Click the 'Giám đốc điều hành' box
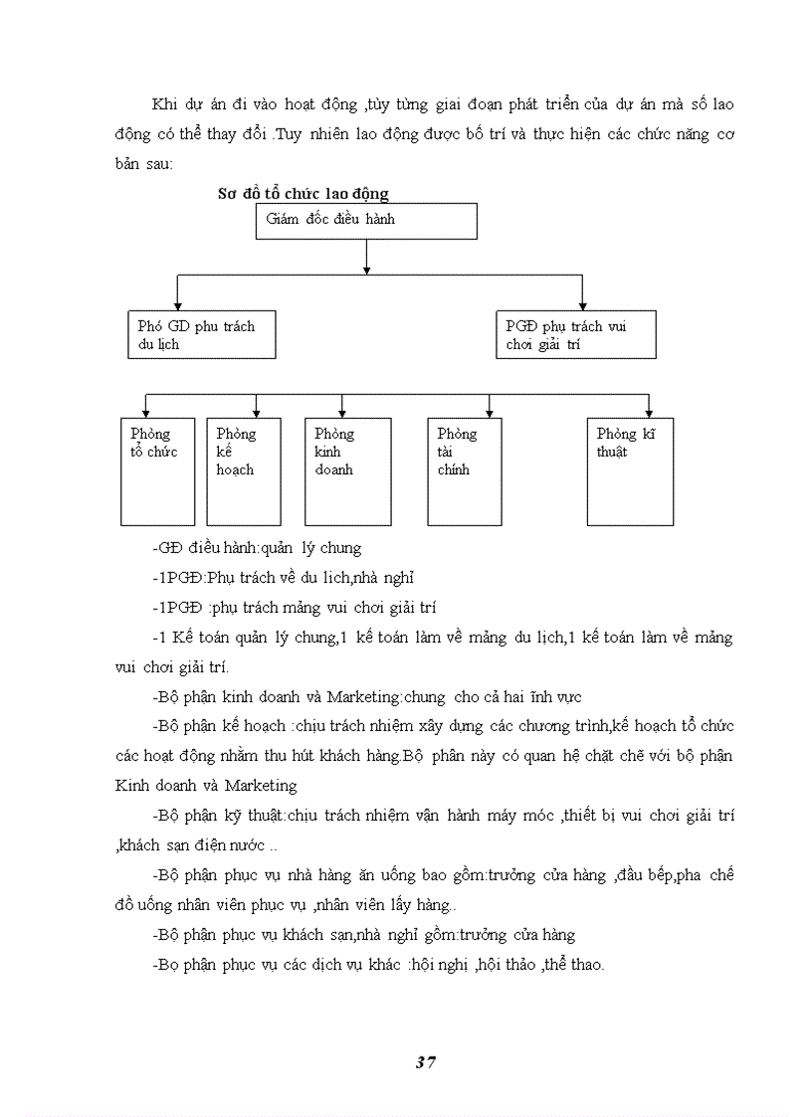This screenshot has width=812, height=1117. click(366, 221)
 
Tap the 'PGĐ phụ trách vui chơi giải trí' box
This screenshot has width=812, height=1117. click(575, 334)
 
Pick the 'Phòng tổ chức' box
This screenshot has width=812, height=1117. click(157, 470)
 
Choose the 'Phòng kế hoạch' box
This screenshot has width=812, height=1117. click(243, 470)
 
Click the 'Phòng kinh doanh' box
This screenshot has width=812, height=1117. click(347, 470)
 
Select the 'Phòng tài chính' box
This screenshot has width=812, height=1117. click(465, 470)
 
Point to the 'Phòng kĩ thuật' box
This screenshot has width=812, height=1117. click(630, 470)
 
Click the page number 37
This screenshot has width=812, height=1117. click(425, 1061)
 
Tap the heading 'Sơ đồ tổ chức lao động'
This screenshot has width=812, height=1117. click(304, 193)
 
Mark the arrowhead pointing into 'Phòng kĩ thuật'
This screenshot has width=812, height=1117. click(649, 412)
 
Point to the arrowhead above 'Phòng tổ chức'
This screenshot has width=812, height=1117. click(146, 412)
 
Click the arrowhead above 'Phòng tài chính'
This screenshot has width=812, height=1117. click(489, 412)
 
